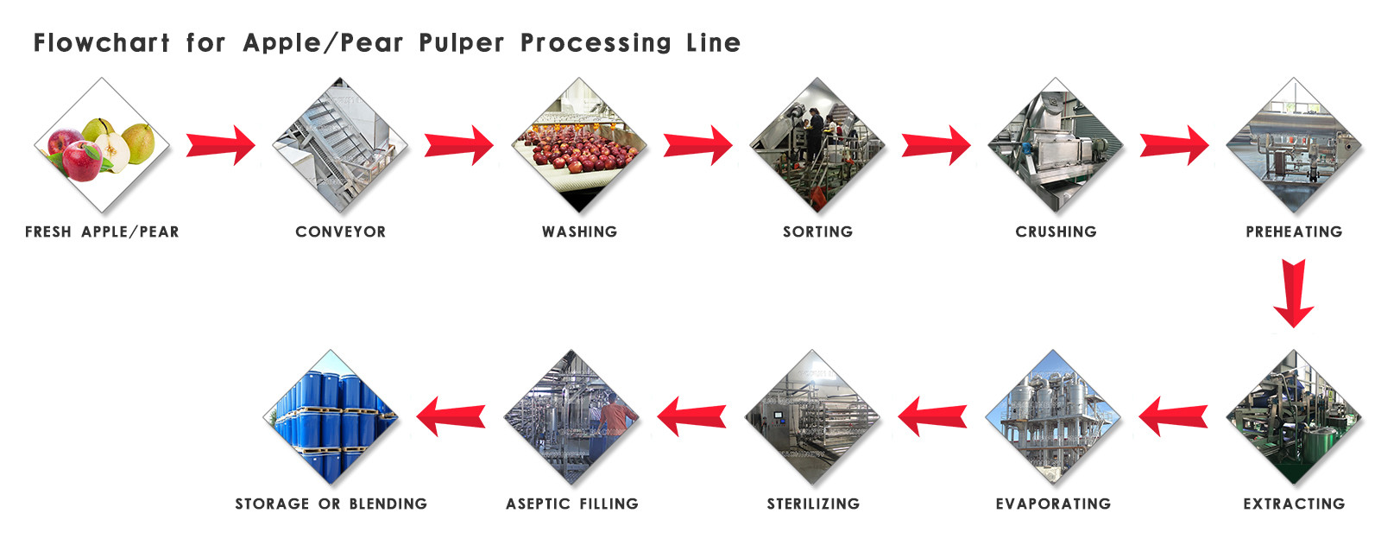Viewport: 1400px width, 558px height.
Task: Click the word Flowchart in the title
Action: [x=101, y=42]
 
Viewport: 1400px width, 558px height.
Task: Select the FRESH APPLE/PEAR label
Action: [x=102, y=231]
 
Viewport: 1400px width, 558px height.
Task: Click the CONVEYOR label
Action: [x=340, y=231]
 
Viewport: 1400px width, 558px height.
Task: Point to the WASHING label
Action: [x=579, y=231]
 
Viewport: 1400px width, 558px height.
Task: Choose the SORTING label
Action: [x=817, y=231]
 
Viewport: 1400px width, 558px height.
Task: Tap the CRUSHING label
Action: [x=1056, y=231]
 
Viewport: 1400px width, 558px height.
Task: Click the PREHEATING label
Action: [x=1294, y=231]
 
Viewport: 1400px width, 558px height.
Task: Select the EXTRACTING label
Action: [x=1294, y=504]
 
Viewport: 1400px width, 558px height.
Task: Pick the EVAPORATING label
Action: [x=1053, y=504]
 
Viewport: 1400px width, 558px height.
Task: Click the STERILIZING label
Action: [x=813, y=504]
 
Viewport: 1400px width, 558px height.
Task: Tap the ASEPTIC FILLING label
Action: [x=572, y=504]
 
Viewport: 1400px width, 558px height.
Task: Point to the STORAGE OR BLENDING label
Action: [x=331, y=504]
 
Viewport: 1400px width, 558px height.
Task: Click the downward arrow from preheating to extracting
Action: [x=1293, y=292]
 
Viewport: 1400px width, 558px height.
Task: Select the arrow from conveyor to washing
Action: [x=458, y=144]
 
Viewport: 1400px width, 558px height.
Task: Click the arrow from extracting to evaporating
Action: [x=1173, y=416]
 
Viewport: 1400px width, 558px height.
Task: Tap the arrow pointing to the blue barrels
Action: [x=451, y=416]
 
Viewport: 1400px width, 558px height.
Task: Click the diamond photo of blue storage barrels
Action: [x=331, y=417]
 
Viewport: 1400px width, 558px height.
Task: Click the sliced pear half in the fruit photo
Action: [x=113, y=152]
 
